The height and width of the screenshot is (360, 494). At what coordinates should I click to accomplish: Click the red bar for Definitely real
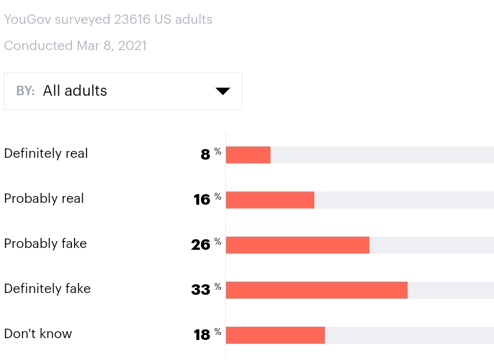(x=248, y=155)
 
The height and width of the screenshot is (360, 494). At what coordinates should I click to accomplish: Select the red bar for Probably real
(x=270, y=200)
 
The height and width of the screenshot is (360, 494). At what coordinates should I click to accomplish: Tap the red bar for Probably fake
(x=297, y=245)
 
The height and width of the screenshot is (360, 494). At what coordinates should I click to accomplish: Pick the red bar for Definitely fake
(x=316, y=290)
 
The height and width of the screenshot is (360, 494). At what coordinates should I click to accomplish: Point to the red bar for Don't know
(x=275, y=335)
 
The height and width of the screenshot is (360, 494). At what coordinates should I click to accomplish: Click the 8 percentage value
(x=205, y=155)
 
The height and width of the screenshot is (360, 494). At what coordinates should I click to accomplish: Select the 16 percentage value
(x=202, y=200)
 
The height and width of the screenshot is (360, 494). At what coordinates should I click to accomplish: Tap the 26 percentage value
(x=200, y=245)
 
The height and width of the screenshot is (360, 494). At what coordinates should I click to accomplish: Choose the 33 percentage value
(x=200, y=290)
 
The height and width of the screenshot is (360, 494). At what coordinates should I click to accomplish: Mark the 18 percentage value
(x=202, y=335)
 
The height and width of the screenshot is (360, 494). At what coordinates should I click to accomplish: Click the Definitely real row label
(x=46, y=153)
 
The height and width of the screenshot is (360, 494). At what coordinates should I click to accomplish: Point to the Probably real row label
(x=44, y=198)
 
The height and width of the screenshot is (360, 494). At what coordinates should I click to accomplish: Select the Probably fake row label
(x=45, y=244)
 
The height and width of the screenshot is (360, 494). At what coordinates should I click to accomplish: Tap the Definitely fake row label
(x=47, y=289)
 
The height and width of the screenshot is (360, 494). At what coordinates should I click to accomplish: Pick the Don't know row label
(x=38, y=334)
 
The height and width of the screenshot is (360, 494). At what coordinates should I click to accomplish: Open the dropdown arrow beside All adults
(x=223, y=91)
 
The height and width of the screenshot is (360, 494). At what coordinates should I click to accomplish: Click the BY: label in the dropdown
(x=25, y=91)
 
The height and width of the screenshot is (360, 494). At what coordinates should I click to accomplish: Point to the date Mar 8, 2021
(x=111, y=46)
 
